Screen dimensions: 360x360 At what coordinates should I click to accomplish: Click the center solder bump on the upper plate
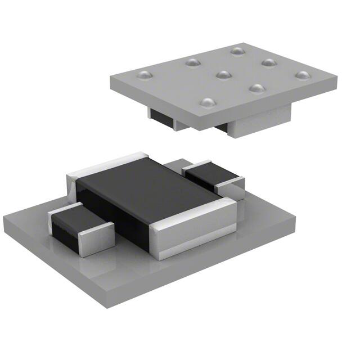pyautogui.click(x=224, y=74)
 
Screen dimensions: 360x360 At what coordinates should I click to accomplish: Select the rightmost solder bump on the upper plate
pyautogui.click(x=303, y=75)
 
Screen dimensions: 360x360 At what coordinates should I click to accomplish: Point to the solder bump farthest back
pyautogui.click(x=236, y=51)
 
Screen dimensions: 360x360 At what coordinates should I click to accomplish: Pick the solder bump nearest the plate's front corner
pyautogui.click(x=208, y=102)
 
